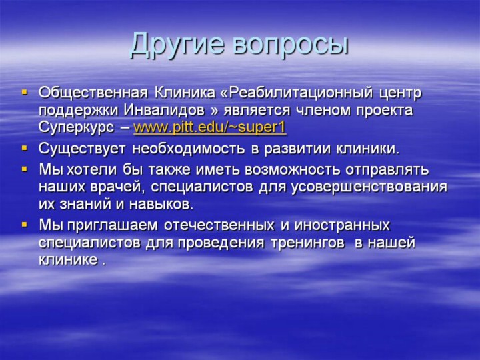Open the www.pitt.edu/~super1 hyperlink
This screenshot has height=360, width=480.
pyautogui.click(x=210, y=127)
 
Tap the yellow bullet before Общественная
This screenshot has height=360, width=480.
pyautogui.click(x=25, y=91)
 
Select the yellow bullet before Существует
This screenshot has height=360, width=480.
pyautogui.click(x=25, y=148)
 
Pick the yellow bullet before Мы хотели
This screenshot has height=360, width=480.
pyautogui.click(x=25, y=169)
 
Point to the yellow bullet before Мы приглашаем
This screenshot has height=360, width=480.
pyautogui.click(x=25, y=225)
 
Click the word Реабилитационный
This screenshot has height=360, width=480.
pyautogui.click(x=301, y=93)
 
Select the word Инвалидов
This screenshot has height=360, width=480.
pyautogui.click(x=165, y=110)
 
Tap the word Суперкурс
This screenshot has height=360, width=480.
pyautogui.click(x=76, y=128)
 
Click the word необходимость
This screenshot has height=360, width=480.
pyautogui.click(x=189, y=149)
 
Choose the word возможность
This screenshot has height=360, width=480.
pyautogui.click(x=293, y=170)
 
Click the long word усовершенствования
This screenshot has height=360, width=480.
pyautogui.click(x=369, y=187)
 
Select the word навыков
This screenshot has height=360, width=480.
pyautogui.click(x=161, y=205)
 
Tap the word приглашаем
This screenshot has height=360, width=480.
pyautogui.click(x=113, y=226)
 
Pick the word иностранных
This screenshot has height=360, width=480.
pyautogui.click(x=342, y=226)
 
